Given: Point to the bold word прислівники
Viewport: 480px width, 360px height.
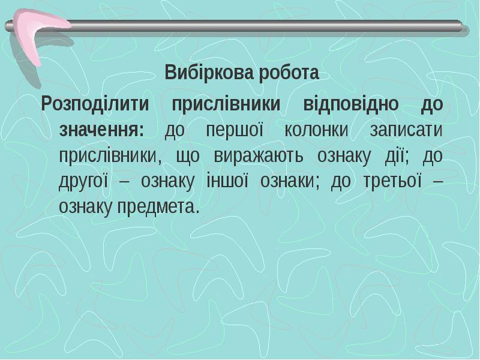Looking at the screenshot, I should point(226,103).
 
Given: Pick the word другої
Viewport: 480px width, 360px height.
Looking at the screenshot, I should point(83,181).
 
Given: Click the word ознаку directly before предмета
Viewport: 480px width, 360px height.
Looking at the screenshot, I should point(88,207).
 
